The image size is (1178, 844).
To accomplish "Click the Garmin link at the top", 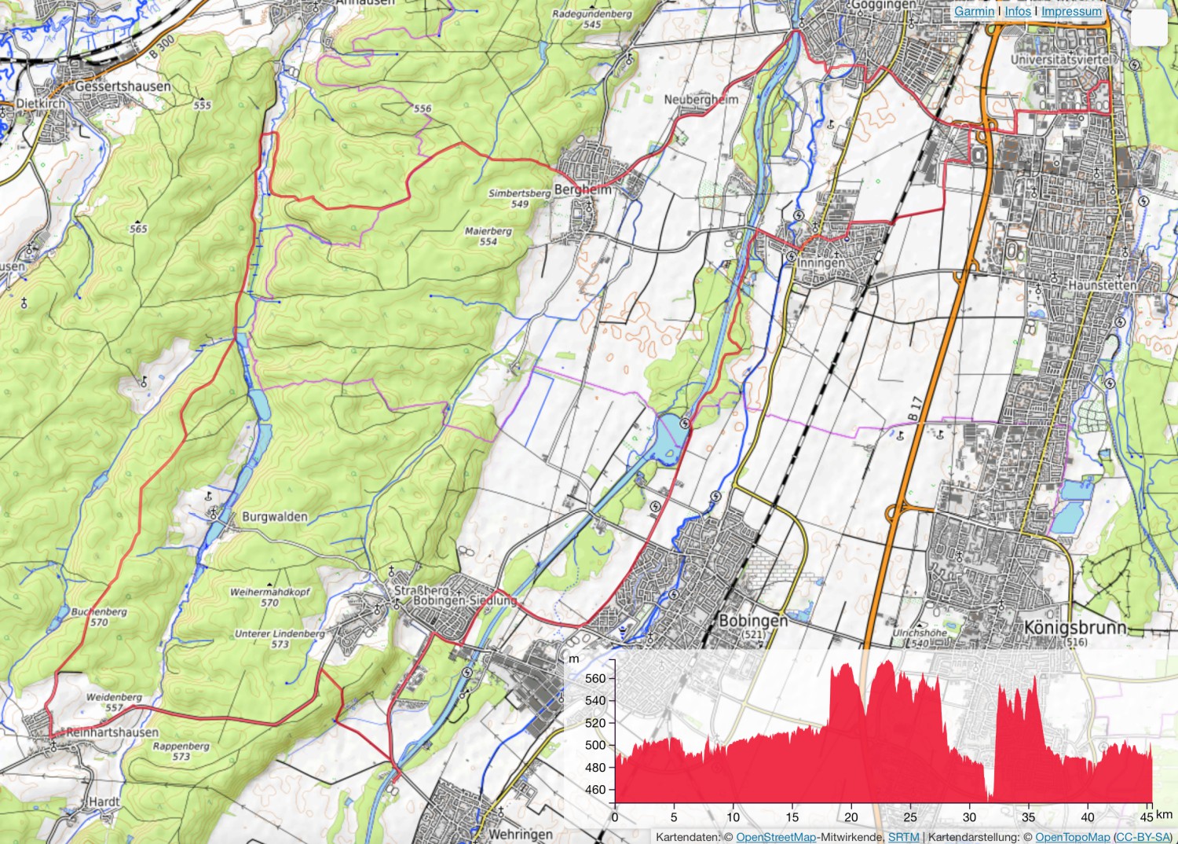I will (974, 11).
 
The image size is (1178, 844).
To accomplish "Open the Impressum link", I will (1071, 11).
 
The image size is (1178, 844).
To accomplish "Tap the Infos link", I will (1018, 11).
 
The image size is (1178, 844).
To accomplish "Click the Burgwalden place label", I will (275, 517).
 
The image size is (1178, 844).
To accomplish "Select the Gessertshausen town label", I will (123, 86).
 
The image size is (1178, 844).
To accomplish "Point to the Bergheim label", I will (583, 189).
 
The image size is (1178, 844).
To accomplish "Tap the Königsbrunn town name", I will (1075, 627).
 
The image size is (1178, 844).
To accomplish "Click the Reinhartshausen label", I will (112, 732).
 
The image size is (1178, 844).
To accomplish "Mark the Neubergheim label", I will (701, 100).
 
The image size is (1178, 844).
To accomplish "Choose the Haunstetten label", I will (1102, 285).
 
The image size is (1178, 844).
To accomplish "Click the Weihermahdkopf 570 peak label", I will (270, 597).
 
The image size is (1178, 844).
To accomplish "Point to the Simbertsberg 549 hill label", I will (520, 198).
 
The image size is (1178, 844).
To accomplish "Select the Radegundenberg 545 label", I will (592, 19).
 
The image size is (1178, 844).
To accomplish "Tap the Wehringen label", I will (520, 834).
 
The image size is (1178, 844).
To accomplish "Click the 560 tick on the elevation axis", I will (596, 678).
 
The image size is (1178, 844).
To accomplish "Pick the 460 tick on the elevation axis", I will (596, 789).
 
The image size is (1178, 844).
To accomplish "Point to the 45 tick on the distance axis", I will (1147, 817).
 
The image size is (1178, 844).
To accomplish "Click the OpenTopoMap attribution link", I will (1072, 838).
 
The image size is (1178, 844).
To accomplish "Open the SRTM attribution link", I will (903, 838).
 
